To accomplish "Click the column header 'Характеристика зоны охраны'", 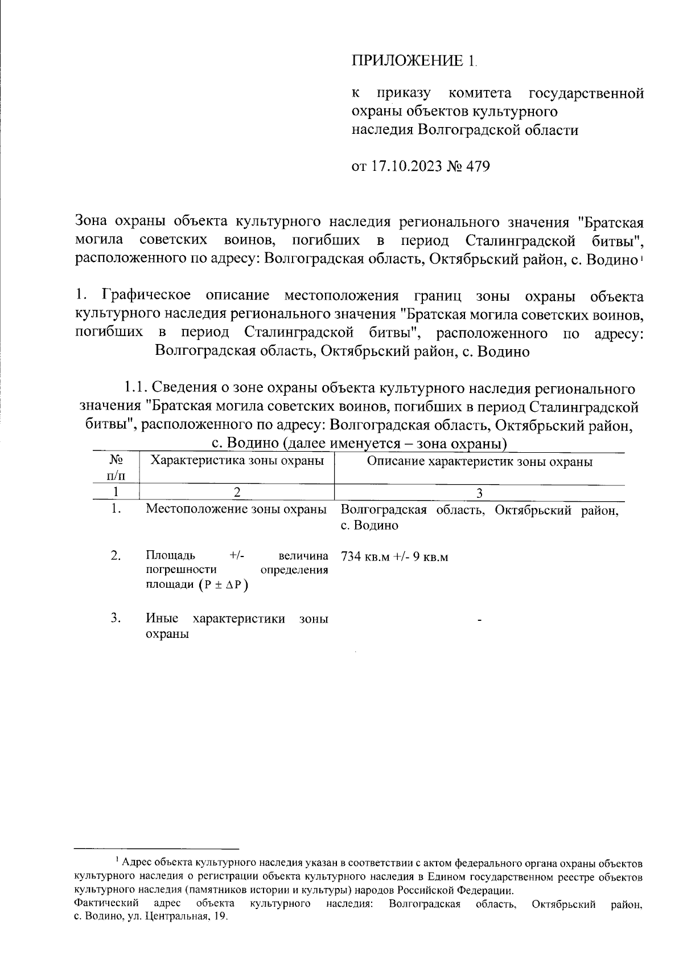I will (236, 460).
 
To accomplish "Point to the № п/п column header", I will (116, 467).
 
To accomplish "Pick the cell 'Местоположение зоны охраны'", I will (236, 509).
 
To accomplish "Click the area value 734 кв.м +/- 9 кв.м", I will (394, 556).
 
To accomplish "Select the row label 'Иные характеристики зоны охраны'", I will (236, 627).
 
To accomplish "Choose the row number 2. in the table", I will (116, 555).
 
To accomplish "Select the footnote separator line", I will (157, 848).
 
